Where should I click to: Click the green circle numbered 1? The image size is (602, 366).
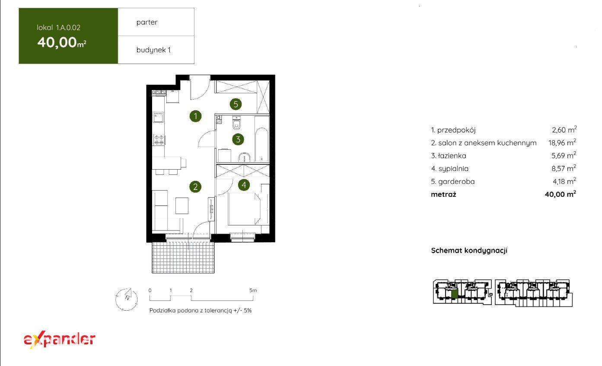click(195, 116)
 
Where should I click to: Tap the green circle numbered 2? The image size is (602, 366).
click(195, 187)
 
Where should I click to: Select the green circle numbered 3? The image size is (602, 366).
click(238, 139)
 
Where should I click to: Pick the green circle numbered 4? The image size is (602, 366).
click(244, 185)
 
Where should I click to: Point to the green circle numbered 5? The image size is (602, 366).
click(236, 104)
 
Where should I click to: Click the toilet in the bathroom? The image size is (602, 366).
click(236, 123)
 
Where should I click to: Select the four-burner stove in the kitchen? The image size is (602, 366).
click(159, 139)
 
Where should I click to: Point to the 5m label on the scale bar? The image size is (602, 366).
click(253, 290)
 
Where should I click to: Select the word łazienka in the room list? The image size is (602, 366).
click(452, 156)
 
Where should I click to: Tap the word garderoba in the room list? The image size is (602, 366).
click(456, 181)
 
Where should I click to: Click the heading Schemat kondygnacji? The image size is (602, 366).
click(469, 250)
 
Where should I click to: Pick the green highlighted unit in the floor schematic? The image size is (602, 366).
click(454, 294)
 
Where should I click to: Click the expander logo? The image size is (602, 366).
click(59, 340)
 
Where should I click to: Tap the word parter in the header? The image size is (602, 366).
click(147, 22)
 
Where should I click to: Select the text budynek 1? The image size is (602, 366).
click(153, 50)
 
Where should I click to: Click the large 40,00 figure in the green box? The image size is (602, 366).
click(57, 42)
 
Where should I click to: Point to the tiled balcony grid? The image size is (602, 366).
click(183, 257)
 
